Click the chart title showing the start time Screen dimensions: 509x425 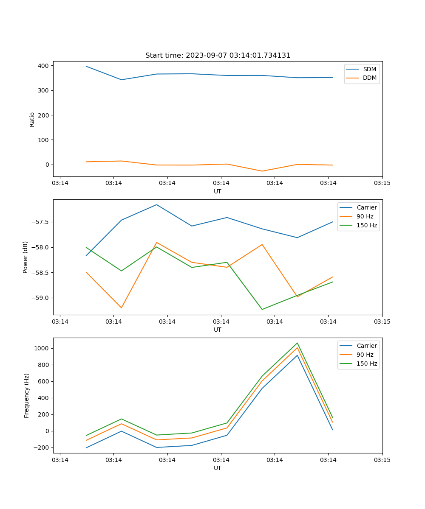pyautogui.click(x=218, y=56)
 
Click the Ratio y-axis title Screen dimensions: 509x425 pyautogui.click(x=32, y=119)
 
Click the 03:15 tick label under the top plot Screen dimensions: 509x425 pyautogui.click(x=382, y=183)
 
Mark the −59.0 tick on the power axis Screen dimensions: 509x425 pyautogui.click(x=41, y=298)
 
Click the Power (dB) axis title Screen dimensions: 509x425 pyautogui.click(x=25, y=257)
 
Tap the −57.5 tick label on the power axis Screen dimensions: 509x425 pyautogui.click(x=41, y=222)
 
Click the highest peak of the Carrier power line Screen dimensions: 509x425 pyautogui.click(x=156, y=204)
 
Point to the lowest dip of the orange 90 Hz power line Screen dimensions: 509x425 pyautogui.click(x=121, y=308)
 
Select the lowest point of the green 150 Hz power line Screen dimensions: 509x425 pyautogui.click(x=262, y=309)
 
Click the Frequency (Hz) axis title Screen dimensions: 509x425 pyautogui.click(x=26, y=395)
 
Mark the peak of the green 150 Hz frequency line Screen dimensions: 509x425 pyautogui.click(x=297, y=343)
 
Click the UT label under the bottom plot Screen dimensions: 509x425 pyautogui.click(x=218, y=468)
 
